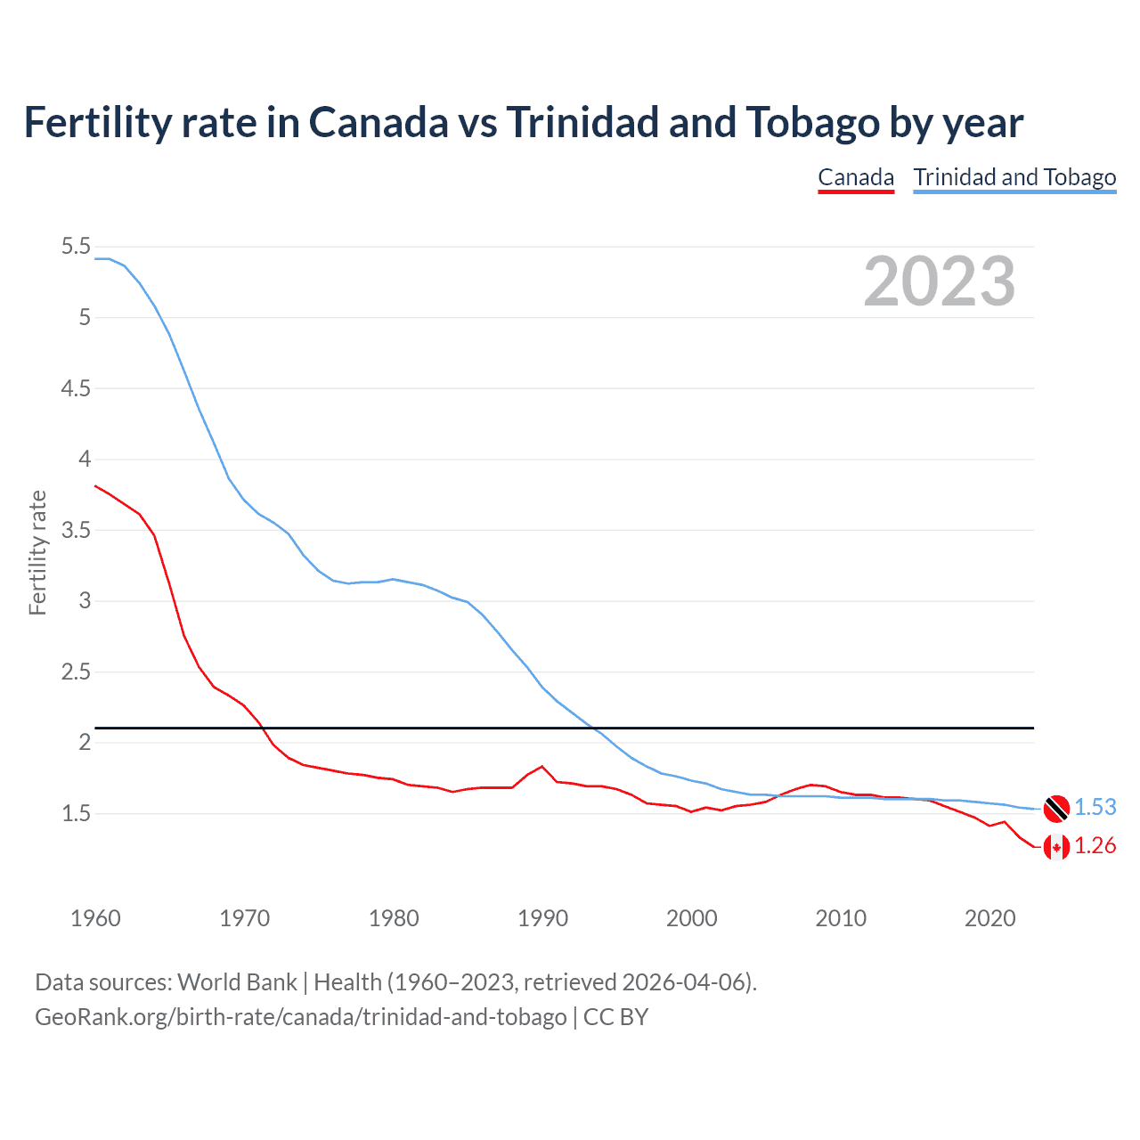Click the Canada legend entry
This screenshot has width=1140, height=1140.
point(856,177)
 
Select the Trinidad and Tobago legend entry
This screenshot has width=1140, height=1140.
point(1014,177)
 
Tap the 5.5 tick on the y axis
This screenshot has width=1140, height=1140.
point(76,247)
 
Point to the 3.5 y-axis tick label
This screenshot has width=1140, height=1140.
point(76,531)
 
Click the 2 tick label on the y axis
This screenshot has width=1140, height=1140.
point(85,743)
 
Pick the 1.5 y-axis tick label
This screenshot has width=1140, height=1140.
point(76,814)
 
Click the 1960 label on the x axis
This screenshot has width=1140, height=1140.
point(95,918)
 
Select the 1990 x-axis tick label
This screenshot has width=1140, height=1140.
point(542,918)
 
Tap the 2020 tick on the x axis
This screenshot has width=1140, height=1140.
point(989,918)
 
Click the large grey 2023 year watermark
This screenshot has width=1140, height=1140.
point(940,281)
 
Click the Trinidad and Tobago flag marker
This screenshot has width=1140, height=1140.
point(1056,808)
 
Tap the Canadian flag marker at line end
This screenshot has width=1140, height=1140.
point(1056,846)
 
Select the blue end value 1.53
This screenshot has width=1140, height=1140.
point(1095,808)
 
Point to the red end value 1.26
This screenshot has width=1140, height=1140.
point(1095,846)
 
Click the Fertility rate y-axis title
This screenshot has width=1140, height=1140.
point(37,552)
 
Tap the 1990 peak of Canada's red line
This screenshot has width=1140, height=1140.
point(541,766)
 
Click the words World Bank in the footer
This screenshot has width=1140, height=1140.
point(237,982)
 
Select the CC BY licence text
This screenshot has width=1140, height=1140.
point(615,1017)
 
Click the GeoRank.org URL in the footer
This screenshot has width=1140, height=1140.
point(301,1017)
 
